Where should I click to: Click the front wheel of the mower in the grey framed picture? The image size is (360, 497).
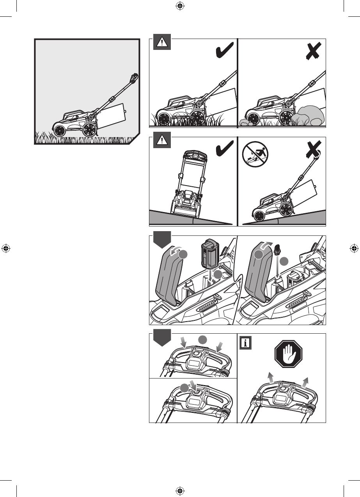click(x=59, y=131)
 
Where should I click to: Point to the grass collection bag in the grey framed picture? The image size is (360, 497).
click(x=113, y=115)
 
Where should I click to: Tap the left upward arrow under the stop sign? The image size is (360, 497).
click(x=269, y=377)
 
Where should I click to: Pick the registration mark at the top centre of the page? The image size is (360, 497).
click(x=180, y=5)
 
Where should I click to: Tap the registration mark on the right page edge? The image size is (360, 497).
click(x=353, y=248)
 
